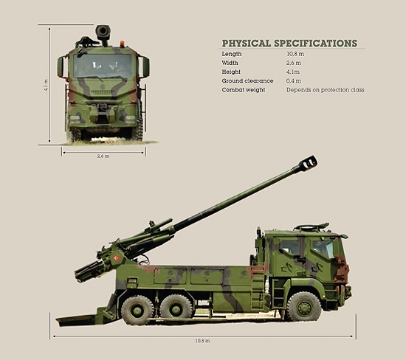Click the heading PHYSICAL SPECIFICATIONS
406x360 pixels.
(289, 44)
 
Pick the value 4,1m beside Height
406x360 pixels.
(295, 72)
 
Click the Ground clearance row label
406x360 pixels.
(247, 81)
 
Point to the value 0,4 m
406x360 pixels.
(295, 81)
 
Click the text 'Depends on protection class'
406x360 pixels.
(325, 90)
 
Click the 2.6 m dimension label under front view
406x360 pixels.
(103, 156)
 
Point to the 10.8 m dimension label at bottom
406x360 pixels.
(202, 341)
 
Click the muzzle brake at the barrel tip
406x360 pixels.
(308, 163)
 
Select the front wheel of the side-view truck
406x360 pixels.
(303, 305)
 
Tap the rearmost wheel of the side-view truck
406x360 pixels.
(137, 309)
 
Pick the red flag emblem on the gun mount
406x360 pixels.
(116, 259)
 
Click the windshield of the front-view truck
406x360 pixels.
(103, 66)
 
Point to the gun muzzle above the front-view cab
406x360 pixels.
(103, 32)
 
